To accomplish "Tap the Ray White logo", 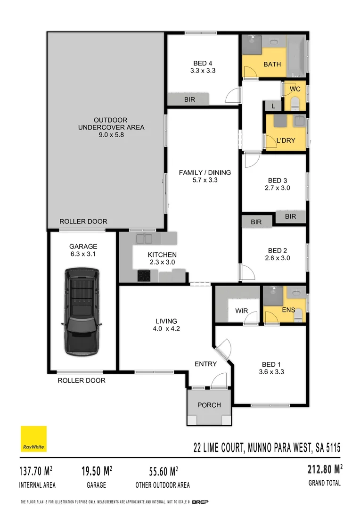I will click(x=33, y=439).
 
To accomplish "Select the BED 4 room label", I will click(x=203, y=64).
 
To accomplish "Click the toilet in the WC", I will click(x=295, y=102).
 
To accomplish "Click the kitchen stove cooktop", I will click(x=144, y=275).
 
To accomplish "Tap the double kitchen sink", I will click(x=144, y=238).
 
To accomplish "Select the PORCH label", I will click(x=209, y=405).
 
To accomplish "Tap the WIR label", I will click(x=242, y=311).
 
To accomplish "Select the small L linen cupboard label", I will click(x=273, y=107).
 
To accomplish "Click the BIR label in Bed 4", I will click(x=189, y=99).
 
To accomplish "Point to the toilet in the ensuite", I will click(x=299, y=316).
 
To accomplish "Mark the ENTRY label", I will click(x=205, y=364).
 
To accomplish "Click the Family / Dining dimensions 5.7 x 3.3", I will click(x=205, y=180).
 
